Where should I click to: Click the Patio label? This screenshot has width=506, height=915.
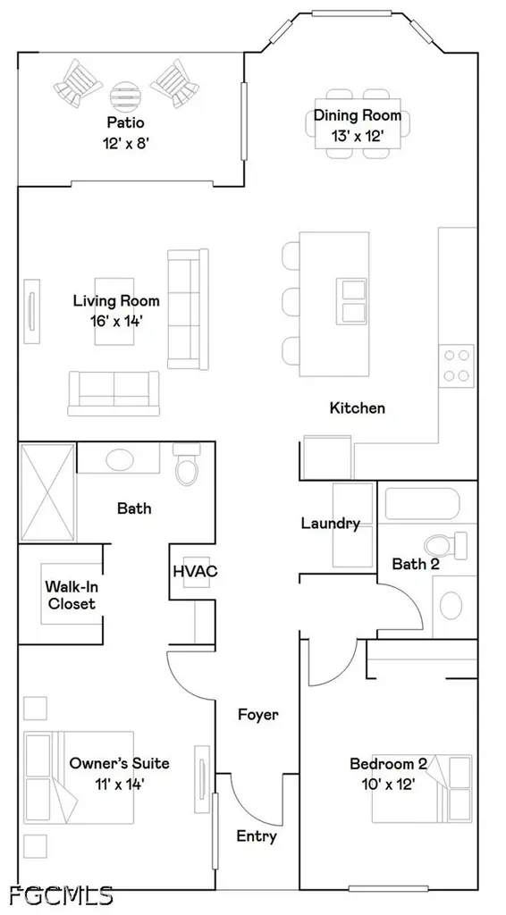(125, 122)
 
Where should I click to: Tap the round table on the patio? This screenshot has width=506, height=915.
(125, 97)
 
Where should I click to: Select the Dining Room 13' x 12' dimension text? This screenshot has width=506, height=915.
(358, 136)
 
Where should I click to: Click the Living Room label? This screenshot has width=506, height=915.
(116, 301)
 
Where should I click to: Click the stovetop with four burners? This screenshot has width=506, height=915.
(457, 365)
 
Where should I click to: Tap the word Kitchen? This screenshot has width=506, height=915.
(358, 407)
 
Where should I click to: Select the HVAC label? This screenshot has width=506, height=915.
(195, 571)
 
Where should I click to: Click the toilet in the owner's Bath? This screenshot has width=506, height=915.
(188, 464)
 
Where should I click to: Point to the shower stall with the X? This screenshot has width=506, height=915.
(48, 492)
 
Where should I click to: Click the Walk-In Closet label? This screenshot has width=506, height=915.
(72, 594)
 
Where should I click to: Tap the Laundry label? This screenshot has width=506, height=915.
(330, 524)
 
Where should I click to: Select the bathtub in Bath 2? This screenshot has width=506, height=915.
(423, 503)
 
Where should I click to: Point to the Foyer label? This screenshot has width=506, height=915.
(258, 714)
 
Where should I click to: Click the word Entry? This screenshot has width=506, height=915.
(257, 836)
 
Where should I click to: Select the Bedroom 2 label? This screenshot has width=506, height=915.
(388, 763)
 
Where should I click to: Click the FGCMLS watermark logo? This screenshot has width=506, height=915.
(62, 894)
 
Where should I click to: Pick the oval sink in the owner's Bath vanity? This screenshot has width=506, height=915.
(120, 460)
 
